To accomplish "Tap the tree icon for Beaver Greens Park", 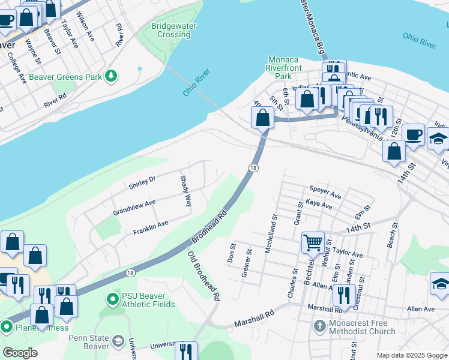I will coord(110,76).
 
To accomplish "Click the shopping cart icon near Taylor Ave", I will coord(313,243).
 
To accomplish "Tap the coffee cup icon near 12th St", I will coord(412,134).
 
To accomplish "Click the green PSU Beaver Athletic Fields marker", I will coord(111,298).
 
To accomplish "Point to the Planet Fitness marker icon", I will coord(7,327).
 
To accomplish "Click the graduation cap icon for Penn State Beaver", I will coord(118,341).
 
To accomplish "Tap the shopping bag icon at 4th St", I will coord(262,117).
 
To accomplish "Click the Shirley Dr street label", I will coord(142,182).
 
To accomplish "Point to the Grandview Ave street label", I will coord(134,208).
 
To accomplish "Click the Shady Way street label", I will coord(187,191).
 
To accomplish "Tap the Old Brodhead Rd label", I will coord(203,276).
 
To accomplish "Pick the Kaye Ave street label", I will coord(319,205).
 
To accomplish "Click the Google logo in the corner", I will coord(20,352).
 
